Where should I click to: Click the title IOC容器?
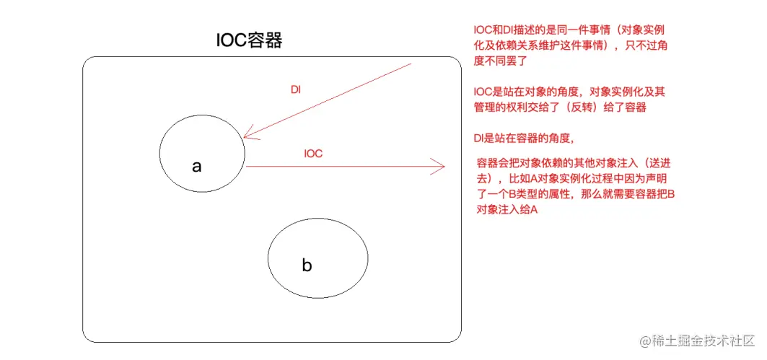[x=249, y=40]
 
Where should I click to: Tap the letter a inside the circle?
[x=196, y=167]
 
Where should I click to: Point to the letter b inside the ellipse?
[x=307, y=265]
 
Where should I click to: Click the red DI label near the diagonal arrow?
[x=296, y=89]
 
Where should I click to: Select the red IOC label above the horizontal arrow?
[x=313, y=154]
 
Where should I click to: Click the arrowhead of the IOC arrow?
[x=440, y=167]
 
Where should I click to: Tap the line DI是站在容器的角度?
[x=523, y=138]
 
